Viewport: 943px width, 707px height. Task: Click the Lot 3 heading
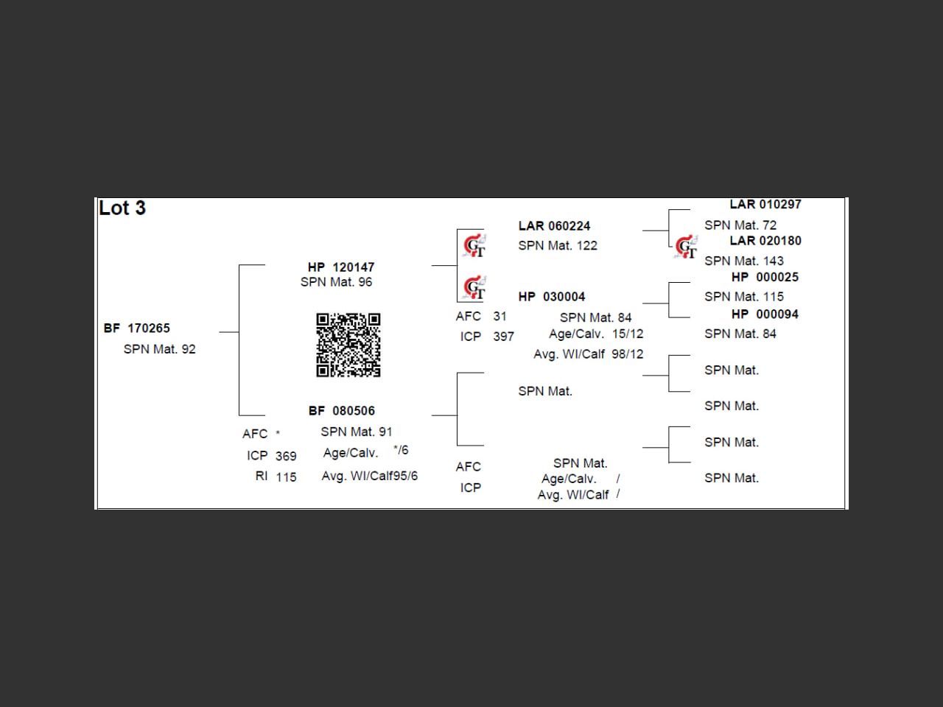122,208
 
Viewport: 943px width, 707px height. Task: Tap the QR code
348,345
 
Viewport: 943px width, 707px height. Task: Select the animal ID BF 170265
137,328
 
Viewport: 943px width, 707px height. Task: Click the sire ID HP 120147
341,267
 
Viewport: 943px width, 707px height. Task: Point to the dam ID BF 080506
342,411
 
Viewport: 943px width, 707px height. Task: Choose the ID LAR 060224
554,226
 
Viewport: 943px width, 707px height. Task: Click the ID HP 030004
552,297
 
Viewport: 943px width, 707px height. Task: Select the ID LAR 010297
765,205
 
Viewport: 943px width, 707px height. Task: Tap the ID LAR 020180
765,241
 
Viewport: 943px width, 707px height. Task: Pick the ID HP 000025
765,278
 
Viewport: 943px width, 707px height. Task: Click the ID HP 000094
765,314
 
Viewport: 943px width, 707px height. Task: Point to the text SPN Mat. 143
744,261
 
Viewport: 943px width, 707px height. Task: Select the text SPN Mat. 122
558,246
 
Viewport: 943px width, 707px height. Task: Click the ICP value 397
504,337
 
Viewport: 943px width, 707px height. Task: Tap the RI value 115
286,477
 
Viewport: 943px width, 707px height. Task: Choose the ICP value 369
286,457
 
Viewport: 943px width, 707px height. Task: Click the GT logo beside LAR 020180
686,247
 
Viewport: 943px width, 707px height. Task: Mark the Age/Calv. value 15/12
628,334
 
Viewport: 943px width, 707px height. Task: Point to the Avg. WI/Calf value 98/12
627,354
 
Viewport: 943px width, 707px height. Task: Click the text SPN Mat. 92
160,349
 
